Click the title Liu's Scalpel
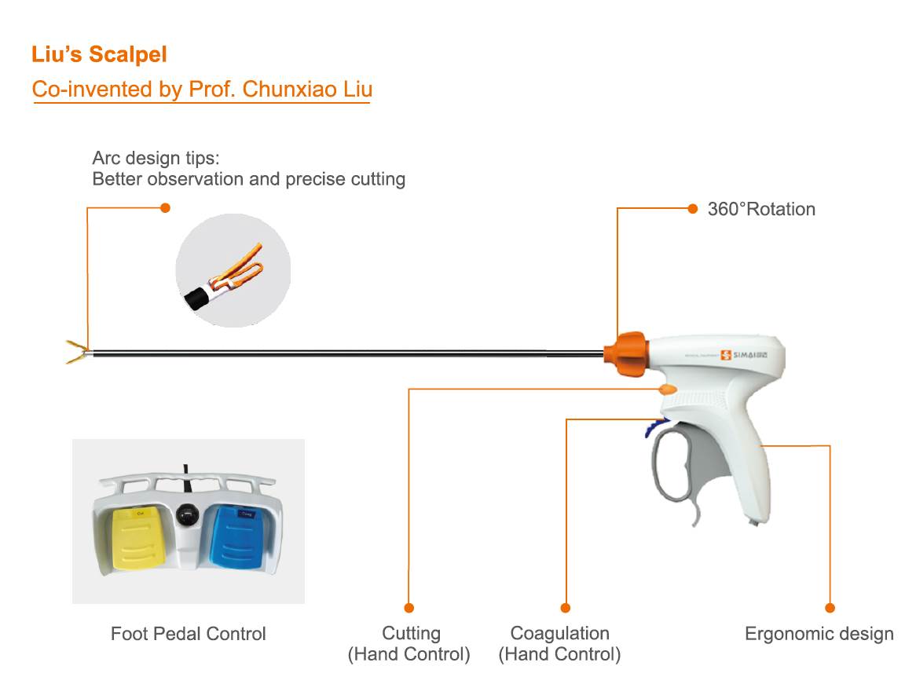(99, 55)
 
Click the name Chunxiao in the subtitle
(290, 89)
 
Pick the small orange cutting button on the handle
(667, 390)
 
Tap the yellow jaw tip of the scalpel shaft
(76, 352)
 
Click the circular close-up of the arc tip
(233, 269)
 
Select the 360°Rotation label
(761, 209)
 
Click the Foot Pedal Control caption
(189, 634)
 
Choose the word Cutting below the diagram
(411, 633)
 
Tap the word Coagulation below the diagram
(559, 633)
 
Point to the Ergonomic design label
(819, 634)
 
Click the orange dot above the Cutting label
(409, 608)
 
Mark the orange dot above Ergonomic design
(830, 608)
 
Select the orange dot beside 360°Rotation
(692, 208)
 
